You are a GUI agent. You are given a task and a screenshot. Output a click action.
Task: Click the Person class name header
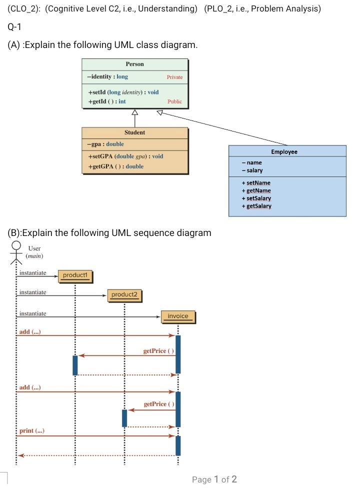[x=134, y=64]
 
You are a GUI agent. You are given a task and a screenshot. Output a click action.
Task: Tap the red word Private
[x=174, y=77]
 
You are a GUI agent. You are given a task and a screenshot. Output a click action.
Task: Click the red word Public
[x=174, y=101]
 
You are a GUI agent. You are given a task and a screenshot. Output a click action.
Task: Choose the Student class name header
[x=134, y=132]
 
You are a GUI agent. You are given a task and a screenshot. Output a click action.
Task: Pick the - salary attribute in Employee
[x=252, y=170]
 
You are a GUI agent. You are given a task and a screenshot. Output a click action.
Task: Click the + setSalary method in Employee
[x=256, y=198]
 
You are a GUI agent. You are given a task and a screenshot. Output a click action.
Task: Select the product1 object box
[x=75, y=275]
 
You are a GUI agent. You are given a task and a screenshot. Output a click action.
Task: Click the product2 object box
[x=124, y=295]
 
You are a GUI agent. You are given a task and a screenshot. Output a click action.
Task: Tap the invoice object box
[x=177, y=316]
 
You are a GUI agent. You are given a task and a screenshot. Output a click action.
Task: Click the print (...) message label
[x=30, y=430]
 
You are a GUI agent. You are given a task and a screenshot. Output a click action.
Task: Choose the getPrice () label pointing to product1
[x=158, y=351]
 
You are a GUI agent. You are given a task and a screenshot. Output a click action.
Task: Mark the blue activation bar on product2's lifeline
[x=124, y=418]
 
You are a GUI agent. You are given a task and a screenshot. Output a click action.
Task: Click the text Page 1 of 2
[x=214, y=479]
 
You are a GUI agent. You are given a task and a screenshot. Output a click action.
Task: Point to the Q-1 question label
[x=15, y=26]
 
